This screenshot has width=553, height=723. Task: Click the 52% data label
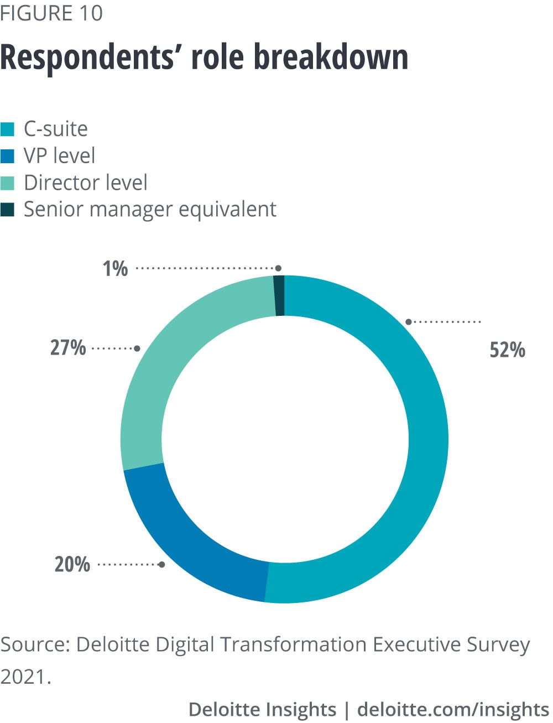coord(507,350)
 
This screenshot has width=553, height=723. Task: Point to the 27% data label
coord(68,348)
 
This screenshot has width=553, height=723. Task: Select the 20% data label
coord(72,564)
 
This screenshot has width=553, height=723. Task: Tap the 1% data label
coord(115,269)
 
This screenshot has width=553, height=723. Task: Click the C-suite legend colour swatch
coord(8,129)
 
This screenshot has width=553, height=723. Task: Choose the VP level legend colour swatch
coord(8,156)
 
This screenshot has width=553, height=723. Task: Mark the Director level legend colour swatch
coord(8,183)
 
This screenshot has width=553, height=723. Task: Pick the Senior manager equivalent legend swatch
coord(8,210)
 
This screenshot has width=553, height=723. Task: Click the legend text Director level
coord(86,183)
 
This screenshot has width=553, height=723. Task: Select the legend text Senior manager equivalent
coord(150,209)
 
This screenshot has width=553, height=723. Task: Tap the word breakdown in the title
coord(331,57)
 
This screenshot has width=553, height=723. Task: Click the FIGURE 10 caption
coord(51,13)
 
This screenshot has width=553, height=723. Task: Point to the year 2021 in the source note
coord(24,676)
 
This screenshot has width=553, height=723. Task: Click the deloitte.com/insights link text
coord(453,709)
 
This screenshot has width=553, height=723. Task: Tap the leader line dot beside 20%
coord(161,565)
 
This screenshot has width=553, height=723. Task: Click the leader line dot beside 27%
coord(137,349)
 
